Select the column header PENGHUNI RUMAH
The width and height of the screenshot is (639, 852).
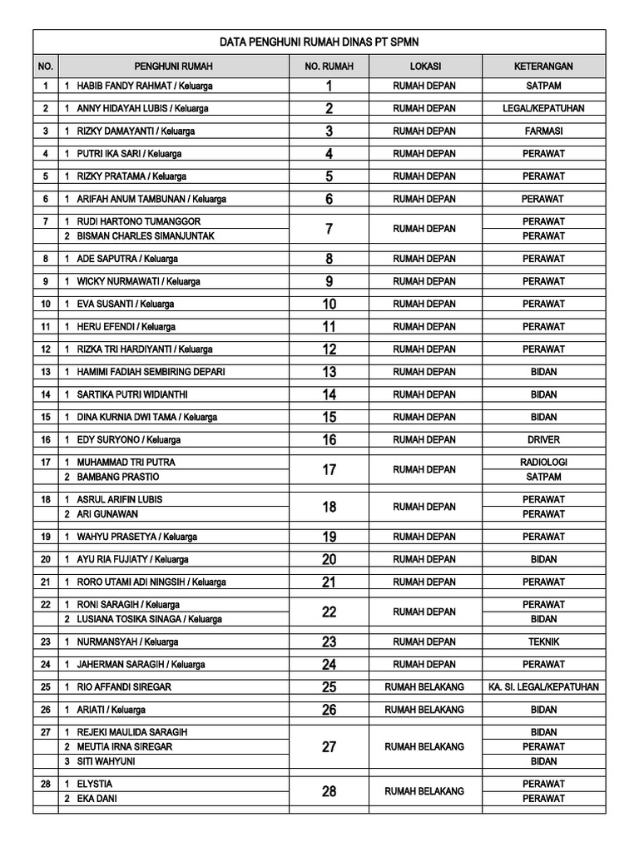pos(173,67)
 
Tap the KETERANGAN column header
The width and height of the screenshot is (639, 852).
pos(543,67)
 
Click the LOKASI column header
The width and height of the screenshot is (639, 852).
pos(425,67)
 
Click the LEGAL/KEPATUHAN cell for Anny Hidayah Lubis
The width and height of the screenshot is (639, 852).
pos(543,109)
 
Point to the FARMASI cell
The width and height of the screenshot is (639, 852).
pos(543,131)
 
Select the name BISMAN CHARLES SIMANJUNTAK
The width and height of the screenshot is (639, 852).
pos(146,236)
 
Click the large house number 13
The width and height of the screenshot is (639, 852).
pos(329,372)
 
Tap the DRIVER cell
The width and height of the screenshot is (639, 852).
pos(543,439)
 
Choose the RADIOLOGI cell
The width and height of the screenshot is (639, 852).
pos(543,462)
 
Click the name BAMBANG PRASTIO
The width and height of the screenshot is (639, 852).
pos(118,477)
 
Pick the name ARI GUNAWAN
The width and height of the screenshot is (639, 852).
pos(107,514)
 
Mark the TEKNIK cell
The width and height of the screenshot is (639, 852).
pos(543,641)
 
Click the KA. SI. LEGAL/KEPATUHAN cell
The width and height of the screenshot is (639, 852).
pos(543,687)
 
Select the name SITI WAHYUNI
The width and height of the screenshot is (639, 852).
pos(106,761)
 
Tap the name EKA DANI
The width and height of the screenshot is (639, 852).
pos(97,799)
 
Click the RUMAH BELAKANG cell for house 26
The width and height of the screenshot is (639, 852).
pos(424,710)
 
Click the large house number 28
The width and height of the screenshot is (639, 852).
pos(329,791)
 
